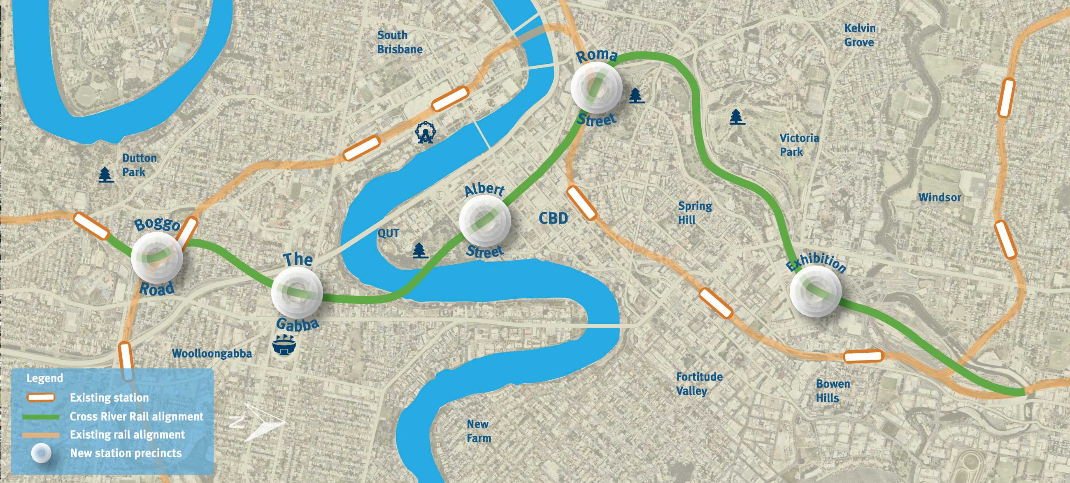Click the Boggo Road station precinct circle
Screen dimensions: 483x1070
tap(157, 257)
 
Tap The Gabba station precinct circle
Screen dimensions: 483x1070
tap(297, 293)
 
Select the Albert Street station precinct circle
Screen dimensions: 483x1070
tap(485, 220)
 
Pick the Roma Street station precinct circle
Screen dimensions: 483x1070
tap(596, 87)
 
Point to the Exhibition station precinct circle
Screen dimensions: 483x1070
tap(815, 291)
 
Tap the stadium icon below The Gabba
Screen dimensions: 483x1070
tap(284, 345)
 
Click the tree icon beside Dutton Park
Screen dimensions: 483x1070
tap(106, 175)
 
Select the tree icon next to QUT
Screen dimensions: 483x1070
tap(420, 251)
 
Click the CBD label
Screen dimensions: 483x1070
tap(553, 218)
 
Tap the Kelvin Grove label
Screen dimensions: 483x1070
tap(859, 35)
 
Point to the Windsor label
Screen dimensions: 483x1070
tap(940, 197)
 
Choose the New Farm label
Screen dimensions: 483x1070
tap(479, 431)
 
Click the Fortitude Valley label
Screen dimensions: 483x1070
tap(699, 384)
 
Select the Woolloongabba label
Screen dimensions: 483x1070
tap(212, 354)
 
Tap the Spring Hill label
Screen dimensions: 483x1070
tap(695, 213)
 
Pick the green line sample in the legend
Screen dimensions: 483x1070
tap(41, 416)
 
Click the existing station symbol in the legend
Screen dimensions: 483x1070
tap(41, 397)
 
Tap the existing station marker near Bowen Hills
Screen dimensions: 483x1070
tap(863, 356)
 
